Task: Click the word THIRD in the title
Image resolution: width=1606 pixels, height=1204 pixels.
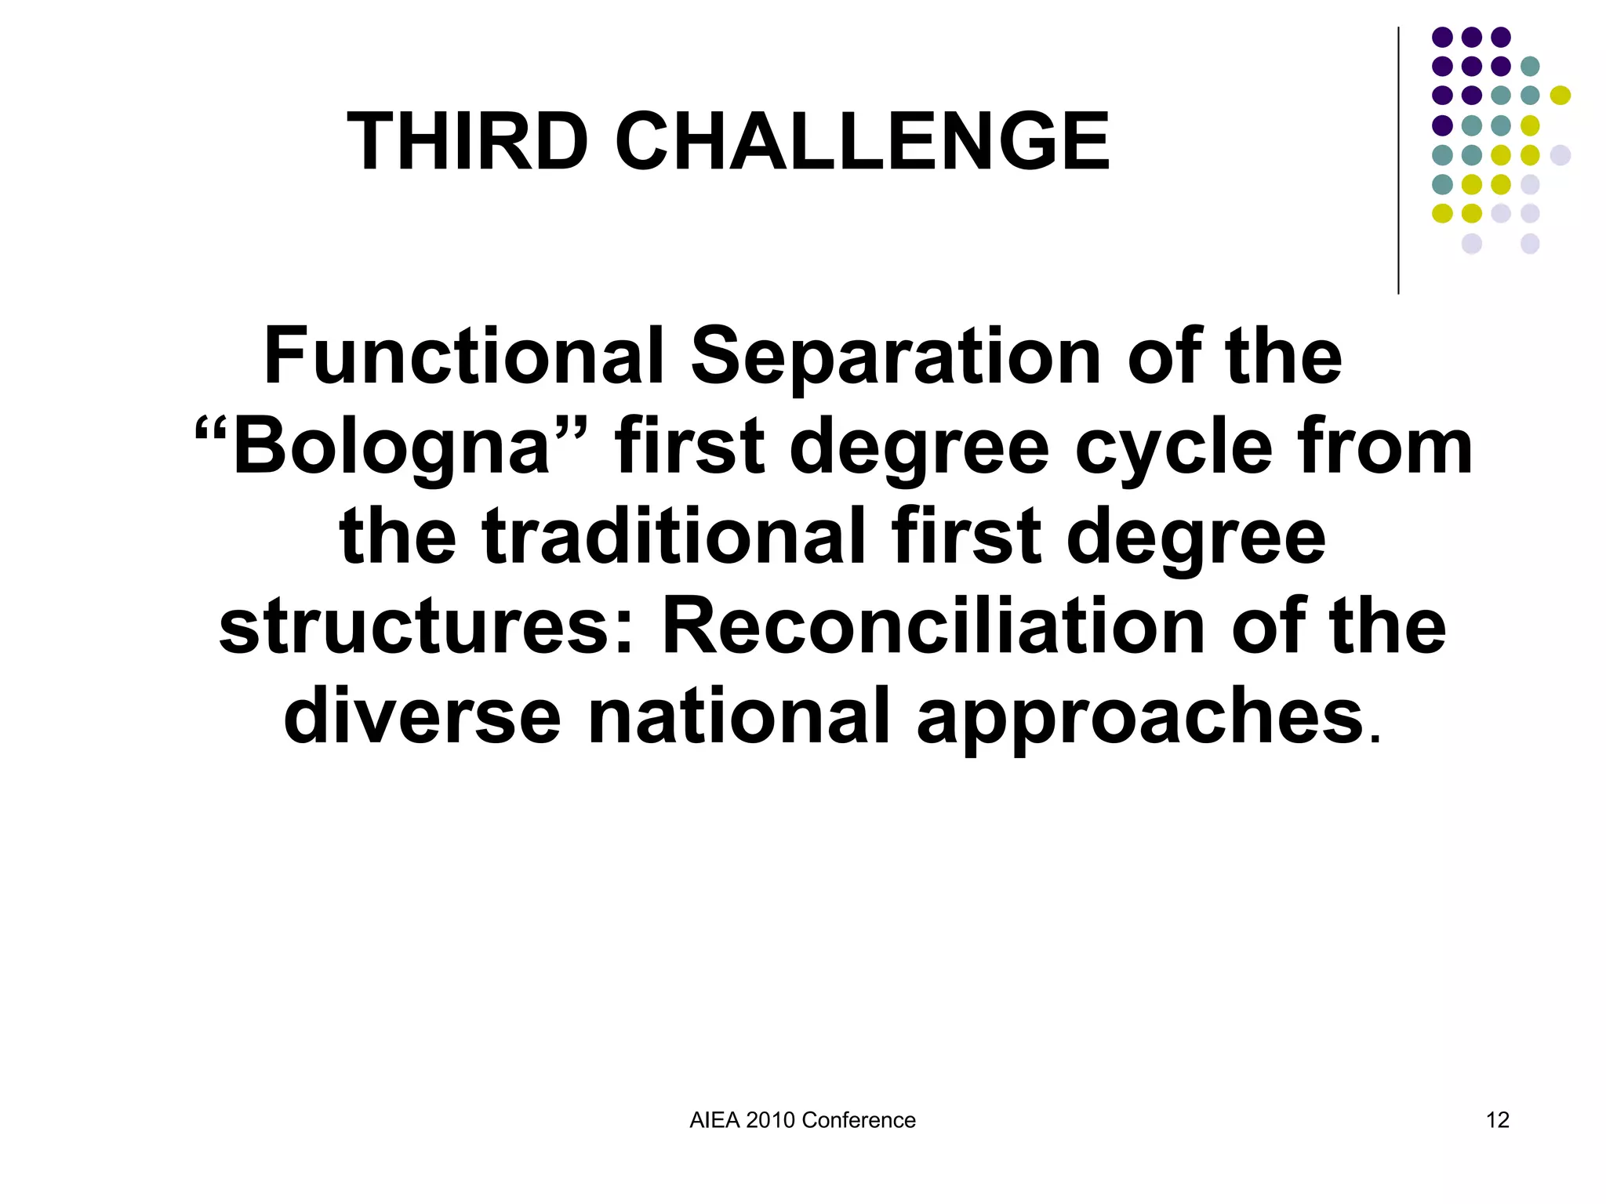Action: click(x=467, y=142)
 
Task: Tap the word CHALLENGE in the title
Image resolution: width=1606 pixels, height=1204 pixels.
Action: click(x=862, y=142)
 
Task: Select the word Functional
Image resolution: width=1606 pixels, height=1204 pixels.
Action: click(x=463, y=357)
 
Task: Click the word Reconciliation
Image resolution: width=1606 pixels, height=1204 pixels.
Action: click(x=933, y=627)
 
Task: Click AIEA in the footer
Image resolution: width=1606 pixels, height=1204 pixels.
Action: click(x=714, y=1120)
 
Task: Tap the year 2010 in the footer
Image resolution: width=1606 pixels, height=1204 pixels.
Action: click(x=770, y=1120)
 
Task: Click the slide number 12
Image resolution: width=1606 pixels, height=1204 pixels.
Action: click(x=1497, y=1120)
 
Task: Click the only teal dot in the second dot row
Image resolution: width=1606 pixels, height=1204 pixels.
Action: click(x=1530, y=66)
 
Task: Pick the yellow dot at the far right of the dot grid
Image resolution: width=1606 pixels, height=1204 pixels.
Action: click(x=1560, y=96)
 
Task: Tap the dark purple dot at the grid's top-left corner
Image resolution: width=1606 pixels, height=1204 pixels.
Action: click(x=1442, y=37)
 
